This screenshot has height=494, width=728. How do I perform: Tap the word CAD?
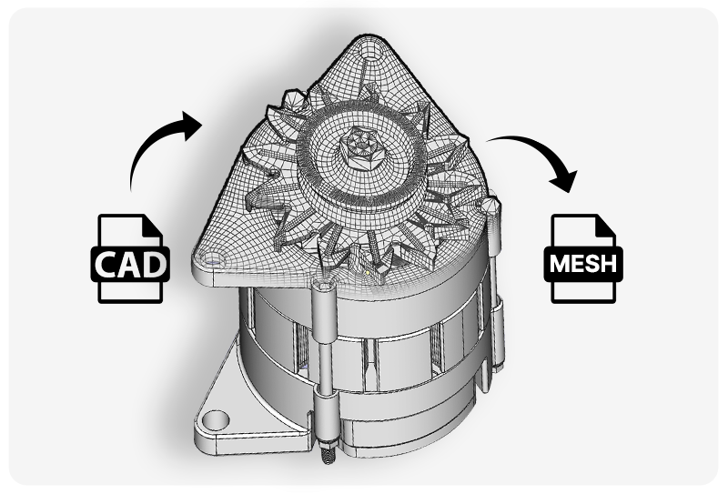[130, 265]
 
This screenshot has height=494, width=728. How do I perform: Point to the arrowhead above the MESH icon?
[565, 179]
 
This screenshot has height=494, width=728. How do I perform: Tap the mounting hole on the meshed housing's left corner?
[214, 260]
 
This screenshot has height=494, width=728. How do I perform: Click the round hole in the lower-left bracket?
[216, 420]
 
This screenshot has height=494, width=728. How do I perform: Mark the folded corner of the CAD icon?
[153, 225]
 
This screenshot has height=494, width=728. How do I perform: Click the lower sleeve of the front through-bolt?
[326, 409]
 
